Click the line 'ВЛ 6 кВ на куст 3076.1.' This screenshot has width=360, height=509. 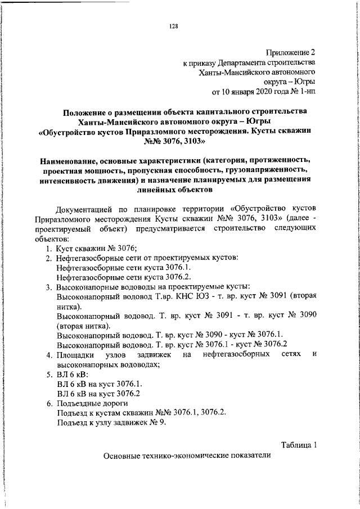pos(98,384)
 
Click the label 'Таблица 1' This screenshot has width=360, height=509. pos(299,445)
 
